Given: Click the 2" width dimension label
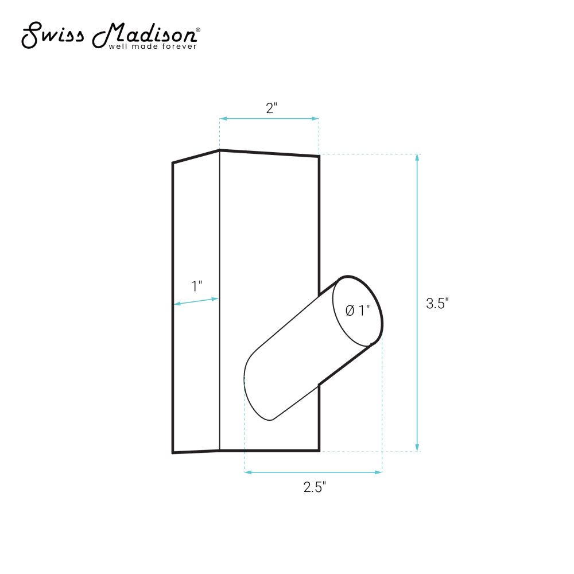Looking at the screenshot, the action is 272,108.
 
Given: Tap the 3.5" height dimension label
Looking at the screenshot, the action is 437,304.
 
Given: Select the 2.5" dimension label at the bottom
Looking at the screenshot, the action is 315,487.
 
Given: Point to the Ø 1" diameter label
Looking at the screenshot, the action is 358,311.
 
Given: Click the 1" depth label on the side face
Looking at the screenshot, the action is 196,286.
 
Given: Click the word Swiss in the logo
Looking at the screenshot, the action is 52,35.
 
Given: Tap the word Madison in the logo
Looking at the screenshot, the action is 144,36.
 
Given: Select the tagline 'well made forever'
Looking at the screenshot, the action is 153,46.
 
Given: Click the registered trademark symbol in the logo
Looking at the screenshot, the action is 198,30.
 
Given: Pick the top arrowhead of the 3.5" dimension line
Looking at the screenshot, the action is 417,158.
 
